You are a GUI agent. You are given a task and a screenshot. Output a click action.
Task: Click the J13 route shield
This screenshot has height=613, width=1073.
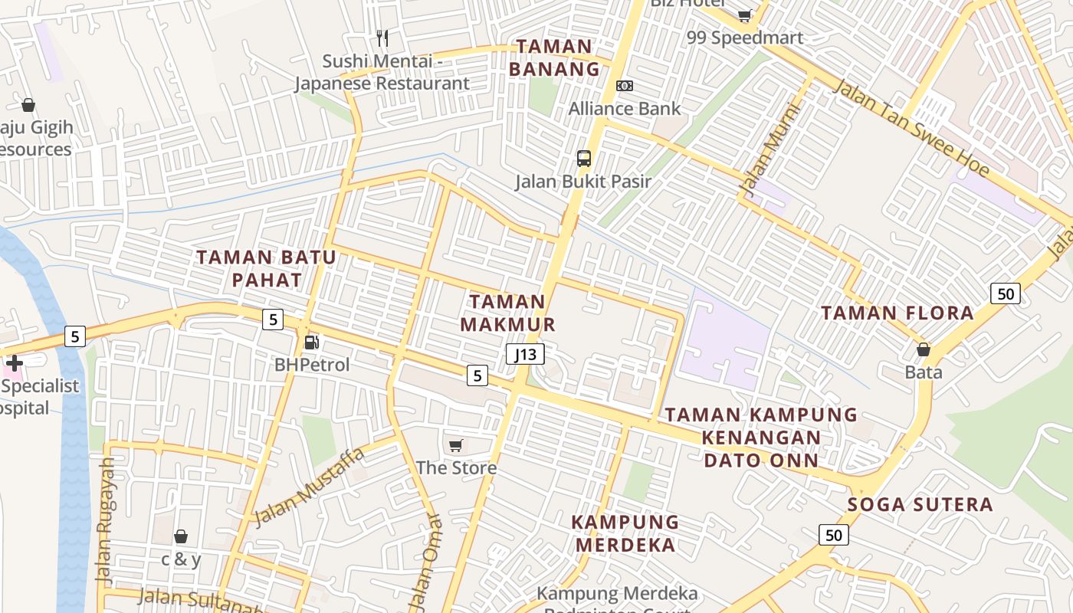click(526, 354)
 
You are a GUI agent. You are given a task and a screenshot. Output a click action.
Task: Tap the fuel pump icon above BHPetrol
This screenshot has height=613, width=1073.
click(312, 343)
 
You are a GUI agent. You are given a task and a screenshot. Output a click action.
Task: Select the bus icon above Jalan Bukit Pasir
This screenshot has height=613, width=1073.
click(584, 159)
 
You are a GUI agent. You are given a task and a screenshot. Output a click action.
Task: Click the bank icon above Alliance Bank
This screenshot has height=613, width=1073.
click(625, 86)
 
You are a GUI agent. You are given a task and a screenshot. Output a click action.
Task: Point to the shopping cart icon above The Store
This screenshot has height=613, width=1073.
click(456, 445)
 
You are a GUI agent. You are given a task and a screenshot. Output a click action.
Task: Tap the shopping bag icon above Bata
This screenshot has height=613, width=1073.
click(924, 350)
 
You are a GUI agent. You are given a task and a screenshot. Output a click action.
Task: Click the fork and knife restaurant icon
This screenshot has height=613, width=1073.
click(382, 38)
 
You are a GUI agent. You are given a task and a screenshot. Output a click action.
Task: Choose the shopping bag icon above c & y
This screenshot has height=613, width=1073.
click(181, 536)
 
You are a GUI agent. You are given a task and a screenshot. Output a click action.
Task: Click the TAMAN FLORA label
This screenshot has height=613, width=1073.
click(897, 313)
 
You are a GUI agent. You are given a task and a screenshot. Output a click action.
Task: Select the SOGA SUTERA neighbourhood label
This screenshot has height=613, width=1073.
click(920, 505)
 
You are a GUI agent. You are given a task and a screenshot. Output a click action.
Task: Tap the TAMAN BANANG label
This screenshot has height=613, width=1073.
click(554, 57)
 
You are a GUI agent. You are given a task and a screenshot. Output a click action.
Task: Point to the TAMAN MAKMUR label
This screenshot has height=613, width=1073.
click(507, 313)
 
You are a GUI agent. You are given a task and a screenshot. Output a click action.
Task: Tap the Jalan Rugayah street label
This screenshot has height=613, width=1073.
click(106, 523)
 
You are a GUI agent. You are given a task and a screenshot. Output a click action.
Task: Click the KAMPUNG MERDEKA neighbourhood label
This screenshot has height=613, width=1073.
click(625, 534)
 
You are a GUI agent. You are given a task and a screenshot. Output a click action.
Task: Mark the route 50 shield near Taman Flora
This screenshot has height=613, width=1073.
click(1005, 293)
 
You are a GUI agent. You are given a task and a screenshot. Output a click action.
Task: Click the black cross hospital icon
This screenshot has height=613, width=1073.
click(15, 362)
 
